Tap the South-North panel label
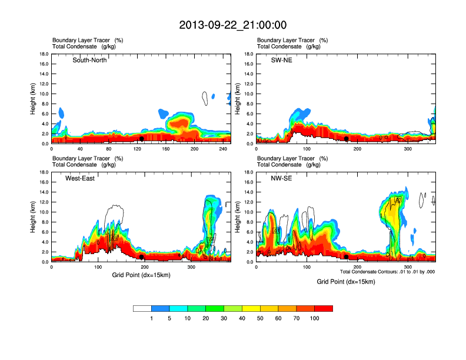(89, 60)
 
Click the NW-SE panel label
(280, 178)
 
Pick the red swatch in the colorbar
(324, 308)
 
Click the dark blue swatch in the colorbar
(160, 308)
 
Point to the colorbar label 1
(151, 318)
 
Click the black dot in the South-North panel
(141, 139)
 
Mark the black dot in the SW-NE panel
(347, 139)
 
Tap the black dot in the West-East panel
(141, 257)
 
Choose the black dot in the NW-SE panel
(347, 257)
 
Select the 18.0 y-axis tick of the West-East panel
(43, 172)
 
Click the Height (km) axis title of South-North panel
(34, 99)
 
